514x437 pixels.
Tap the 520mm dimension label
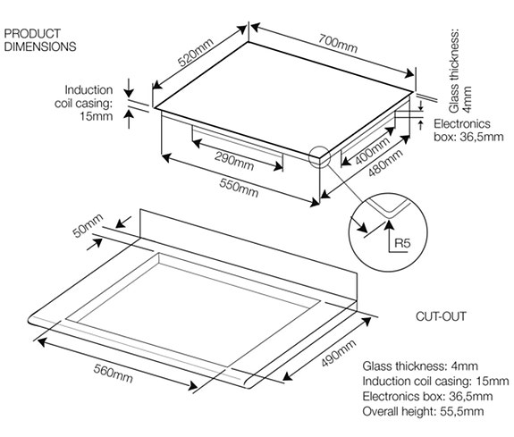point(197,56)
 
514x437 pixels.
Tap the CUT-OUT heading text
point(442,316)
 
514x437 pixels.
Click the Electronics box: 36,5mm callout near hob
point(465,130)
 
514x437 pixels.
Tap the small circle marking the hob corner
point(318,157)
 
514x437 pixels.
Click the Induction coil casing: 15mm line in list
point(428,382)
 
